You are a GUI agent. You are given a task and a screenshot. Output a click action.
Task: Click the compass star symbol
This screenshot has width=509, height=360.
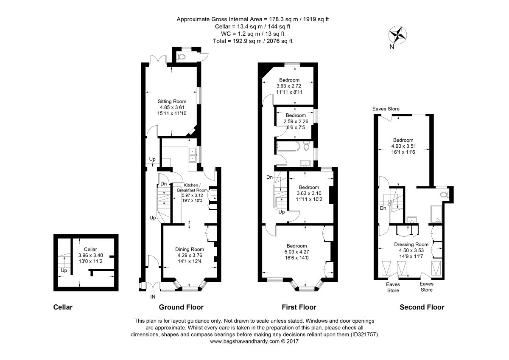pyautogui.click(x=397, y=35)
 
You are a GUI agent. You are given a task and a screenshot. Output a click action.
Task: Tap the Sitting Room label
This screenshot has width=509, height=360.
pyautogui.click(x=172, y=101)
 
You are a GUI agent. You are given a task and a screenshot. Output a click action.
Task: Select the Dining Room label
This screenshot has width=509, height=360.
pyautogui.click(x=190, y=249)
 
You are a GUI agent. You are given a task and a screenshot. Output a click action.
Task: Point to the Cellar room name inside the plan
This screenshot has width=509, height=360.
pyautogui.click(x=90, y=249)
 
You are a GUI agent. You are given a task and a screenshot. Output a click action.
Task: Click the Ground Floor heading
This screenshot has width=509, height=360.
pyautogui.click(x=181, y=307)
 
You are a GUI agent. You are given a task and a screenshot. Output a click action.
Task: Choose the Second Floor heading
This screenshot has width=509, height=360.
pyautogui.click(x=422, y=307)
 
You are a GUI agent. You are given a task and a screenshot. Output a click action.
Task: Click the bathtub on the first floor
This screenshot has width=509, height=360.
pyautogui.click(x=288, y=147)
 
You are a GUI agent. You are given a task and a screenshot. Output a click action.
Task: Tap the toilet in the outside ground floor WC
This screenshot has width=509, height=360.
pyautogui.click(x=181, y=56)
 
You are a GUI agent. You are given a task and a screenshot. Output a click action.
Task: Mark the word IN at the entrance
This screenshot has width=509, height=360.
pyautogui.click(x=153, y=297)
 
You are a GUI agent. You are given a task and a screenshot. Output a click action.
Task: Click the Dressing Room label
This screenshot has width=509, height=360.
pyautogui.click(x=411, y=245)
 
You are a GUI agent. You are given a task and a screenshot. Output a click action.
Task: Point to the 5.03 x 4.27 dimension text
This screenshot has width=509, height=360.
pyautogui.click(x=297, y=252)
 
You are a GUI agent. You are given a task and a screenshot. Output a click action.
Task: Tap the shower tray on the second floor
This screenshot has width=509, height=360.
pyautogui.click(x=436, y=214)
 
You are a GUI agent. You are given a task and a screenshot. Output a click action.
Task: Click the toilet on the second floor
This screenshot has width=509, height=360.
pyautogui.click(x=444, y=195)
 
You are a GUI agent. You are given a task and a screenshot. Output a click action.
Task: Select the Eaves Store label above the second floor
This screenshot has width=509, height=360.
pyautogui.click(x=386, y=109)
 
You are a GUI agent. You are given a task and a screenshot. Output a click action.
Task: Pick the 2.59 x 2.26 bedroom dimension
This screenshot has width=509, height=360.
pyautogui.click(x=296, y=121)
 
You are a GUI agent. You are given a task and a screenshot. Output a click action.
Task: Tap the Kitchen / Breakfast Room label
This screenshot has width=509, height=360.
pyautogui.click(x=192, y=188)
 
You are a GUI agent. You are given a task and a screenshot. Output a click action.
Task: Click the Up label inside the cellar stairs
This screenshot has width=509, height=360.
pyautogui.click(x=64, y=270)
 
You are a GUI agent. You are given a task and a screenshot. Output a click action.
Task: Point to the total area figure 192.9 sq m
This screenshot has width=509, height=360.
pyautogui.click(x=243, y=41)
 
